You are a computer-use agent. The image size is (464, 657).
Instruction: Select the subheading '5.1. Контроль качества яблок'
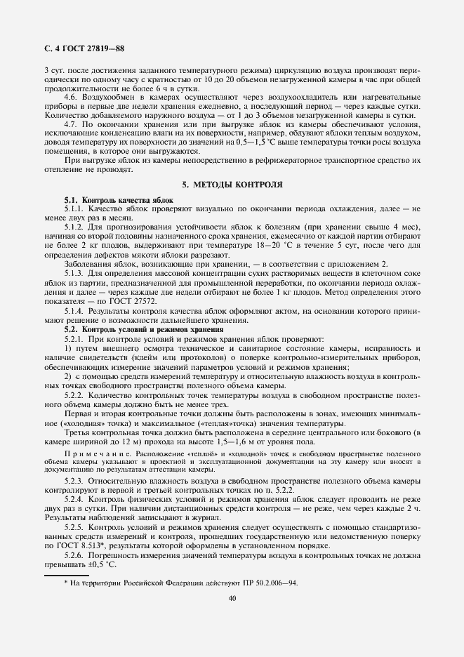[x=119, y=201]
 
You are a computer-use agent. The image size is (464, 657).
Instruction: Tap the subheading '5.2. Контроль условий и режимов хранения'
[x=144, y=329]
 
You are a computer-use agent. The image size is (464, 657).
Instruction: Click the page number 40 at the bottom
[x=232, y=598]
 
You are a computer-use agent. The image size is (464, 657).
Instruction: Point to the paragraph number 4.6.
[x=70, y=96]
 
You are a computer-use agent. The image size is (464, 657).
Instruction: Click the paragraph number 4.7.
[x=70, y=124]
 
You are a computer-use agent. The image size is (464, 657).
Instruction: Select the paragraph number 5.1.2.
[x=74, y=229]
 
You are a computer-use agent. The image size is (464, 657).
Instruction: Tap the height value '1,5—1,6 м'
[x=228, y=443]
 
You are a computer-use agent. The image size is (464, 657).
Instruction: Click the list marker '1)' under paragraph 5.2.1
[x=68, y=350]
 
